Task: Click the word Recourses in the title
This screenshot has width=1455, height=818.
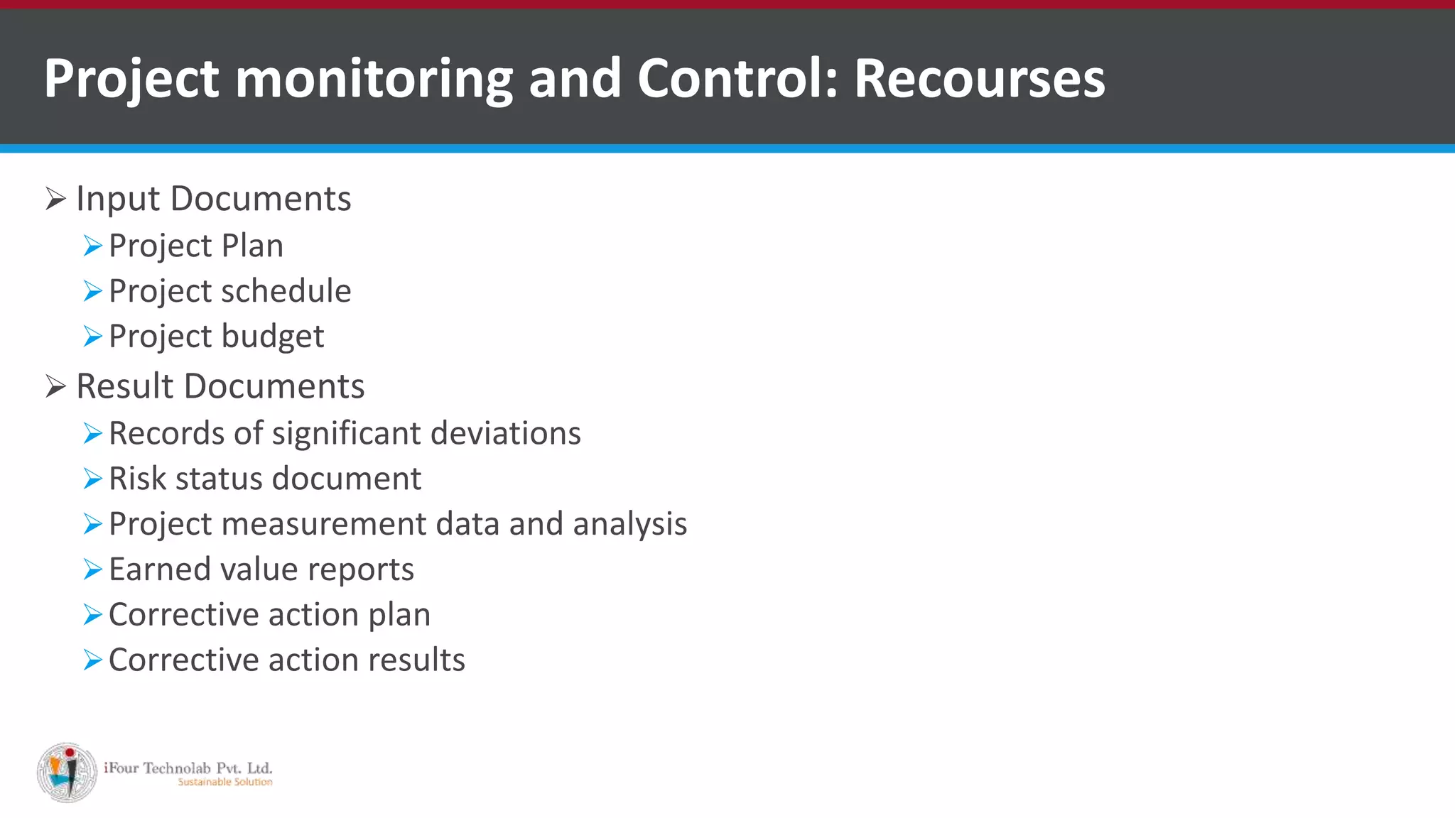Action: pos(979,78)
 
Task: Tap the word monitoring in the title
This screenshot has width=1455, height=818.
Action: pos(374,78)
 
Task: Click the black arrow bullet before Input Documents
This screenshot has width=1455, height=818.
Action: pos(55,199)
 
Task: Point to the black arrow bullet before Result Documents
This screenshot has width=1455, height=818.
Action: pos(55,386)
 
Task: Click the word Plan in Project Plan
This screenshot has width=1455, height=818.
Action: pos(252,246)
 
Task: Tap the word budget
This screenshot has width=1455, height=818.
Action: pos(273,337)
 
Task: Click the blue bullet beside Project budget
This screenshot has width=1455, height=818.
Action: pos(92,337)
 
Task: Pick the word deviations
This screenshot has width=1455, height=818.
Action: pos(505,433)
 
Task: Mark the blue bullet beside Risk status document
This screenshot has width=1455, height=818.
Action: pos(92,479)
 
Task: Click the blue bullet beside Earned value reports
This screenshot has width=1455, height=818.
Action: pos(92,569)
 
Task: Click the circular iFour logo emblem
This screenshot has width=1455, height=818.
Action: pos(67,773)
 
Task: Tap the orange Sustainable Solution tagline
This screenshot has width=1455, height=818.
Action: pos(225,782)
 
